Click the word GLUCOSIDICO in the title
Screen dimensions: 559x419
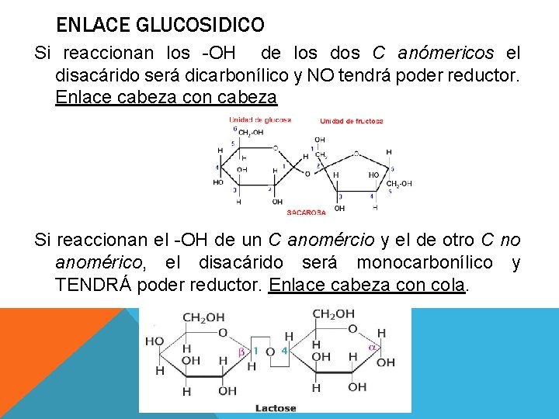pyautogui.click(x=200, y=26)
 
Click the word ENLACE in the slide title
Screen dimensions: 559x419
pyautogui.click(x=94, y=26)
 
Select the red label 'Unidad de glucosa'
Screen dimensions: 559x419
pyautogui.click(x=259, y=119)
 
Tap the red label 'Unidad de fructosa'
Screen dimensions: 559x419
pyautogui.click(x=351, y=120)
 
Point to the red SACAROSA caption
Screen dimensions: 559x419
pyautogui.click(x=307, y=212)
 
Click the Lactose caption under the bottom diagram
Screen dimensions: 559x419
pyautogui.click(x=275, y=407)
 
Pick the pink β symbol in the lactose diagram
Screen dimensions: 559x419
pyautogui.click(x=241, y=351)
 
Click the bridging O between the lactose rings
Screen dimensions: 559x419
pyautogui.click(x=269, y=351)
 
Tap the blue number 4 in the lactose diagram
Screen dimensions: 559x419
pyautogui.click(x=285, y=351)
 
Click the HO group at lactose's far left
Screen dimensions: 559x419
pyautogui.click(x=155, y=341)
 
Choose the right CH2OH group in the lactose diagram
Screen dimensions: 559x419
pyautogui.click(x=333, y=314)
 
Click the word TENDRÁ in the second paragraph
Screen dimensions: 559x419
pyautogui.click(x=93, y=285)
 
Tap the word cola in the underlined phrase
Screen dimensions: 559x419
pyautogui.click(x=446, y=285)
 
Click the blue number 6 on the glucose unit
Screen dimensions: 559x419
pyautogui.click(x=235, y=129)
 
